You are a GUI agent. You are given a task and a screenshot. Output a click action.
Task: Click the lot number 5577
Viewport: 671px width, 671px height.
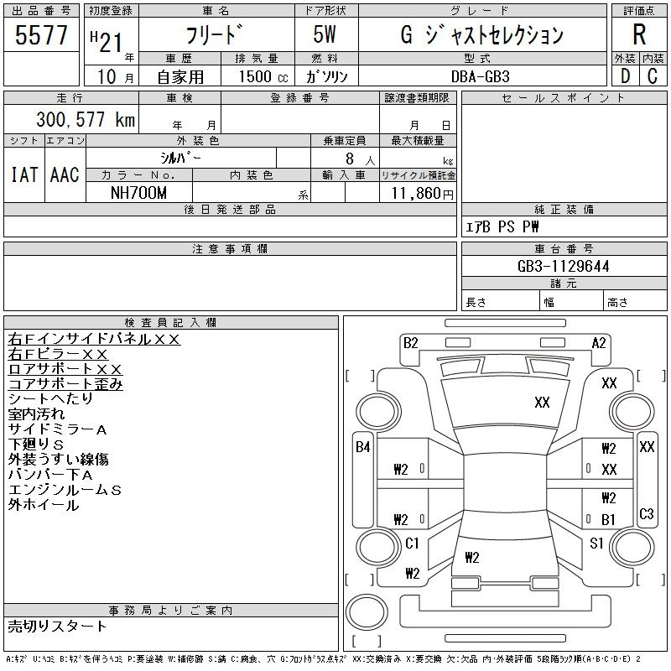click(41, 34)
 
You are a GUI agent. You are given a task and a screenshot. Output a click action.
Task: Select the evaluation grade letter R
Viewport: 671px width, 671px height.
click(639, 34)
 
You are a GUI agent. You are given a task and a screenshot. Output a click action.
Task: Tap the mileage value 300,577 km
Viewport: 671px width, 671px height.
click(86, 119)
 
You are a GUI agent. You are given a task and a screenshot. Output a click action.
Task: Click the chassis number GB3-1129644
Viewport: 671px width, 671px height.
click(563, 266)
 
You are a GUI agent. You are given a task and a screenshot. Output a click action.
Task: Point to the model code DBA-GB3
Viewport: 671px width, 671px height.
click(481, 76)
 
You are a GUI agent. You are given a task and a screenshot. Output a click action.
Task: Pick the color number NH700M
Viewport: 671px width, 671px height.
click(138, 193)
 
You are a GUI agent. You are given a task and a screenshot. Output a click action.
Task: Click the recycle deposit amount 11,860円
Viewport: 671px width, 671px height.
click(422, 194)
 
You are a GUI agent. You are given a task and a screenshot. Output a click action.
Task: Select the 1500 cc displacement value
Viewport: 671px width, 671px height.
click(263, 76)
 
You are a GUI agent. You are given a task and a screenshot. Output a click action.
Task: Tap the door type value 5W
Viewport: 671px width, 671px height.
click(325, 34)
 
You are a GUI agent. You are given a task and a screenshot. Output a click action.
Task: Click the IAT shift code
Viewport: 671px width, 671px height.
click(24, 174)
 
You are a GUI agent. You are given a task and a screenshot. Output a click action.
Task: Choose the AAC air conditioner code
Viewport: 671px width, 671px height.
click(65, 174)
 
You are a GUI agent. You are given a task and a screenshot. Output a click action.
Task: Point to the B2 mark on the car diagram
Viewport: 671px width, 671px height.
click(411, 343)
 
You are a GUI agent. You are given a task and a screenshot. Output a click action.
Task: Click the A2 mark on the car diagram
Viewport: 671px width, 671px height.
click(599, 343)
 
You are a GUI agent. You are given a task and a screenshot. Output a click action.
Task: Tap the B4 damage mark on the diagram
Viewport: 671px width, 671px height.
click(363, 447)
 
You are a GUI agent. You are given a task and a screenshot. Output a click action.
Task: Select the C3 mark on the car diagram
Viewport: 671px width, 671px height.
click(646, 513)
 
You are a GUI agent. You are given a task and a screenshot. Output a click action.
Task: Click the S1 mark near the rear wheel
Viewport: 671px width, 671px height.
click(596, 543)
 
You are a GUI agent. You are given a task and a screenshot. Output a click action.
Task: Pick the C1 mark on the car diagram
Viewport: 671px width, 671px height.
click(412, 543)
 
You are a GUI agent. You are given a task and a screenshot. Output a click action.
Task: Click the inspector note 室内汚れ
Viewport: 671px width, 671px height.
click(36, 414)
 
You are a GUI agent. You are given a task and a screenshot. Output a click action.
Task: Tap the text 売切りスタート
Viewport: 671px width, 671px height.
click(57, 626)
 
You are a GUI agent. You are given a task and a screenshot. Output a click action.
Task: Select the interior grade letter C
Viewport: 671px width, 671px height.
click(653, 76)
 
